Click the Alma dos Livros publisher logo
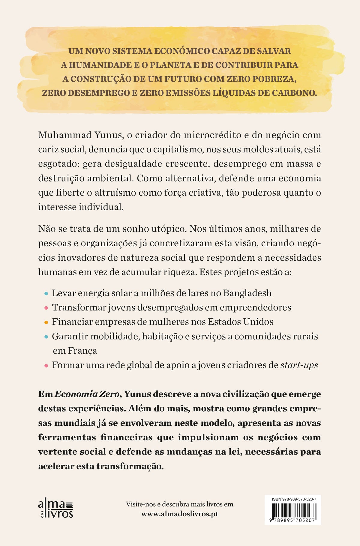click(x=56, y=509)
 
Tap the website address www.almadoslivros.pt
click(x=179, y=514)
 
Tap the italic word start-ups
click(x=299, y=365)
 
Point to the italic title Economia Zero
click(x=87, y=394)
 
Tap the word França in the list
click(x=82, y=351)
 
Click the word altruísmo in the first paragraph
click(x=111, y=193)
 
